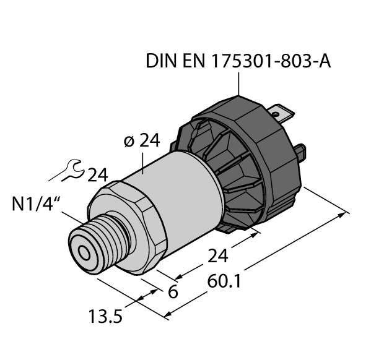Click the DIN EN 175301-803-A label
[238, 62]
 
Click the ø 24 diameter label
[141, 141]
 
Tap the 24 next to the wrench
[98, 175]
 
